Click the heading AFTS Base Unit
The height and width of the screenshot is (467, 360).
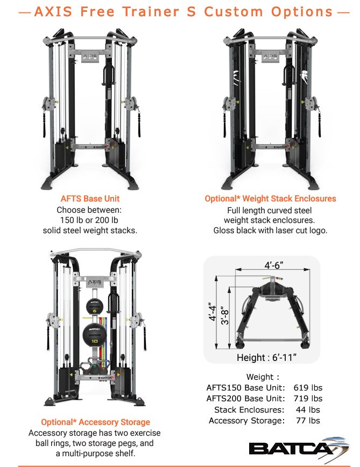(x=90, y=199)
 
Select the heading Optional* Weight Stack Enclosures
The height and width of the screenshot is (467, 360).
(x=270, y=199)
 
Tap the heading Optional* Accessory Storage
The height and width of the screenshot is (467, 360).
(x=95, y=422)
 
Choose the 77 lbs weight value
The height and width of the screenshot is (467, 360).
(x=308, y=421)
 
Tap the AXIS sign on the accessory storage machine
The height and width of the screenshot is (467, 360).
(x=95, y=280)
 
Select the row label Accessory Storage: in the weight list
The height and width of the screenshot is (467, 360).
(x=246, y=421)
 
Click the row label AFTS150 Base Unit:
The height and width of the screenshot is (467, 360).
(x=245, y=388)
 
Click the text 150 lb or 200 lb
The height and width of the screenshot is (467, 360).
(x=90, y=220)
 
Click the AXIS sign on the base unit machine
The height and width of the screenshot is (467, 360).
(x=90, y=56)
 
